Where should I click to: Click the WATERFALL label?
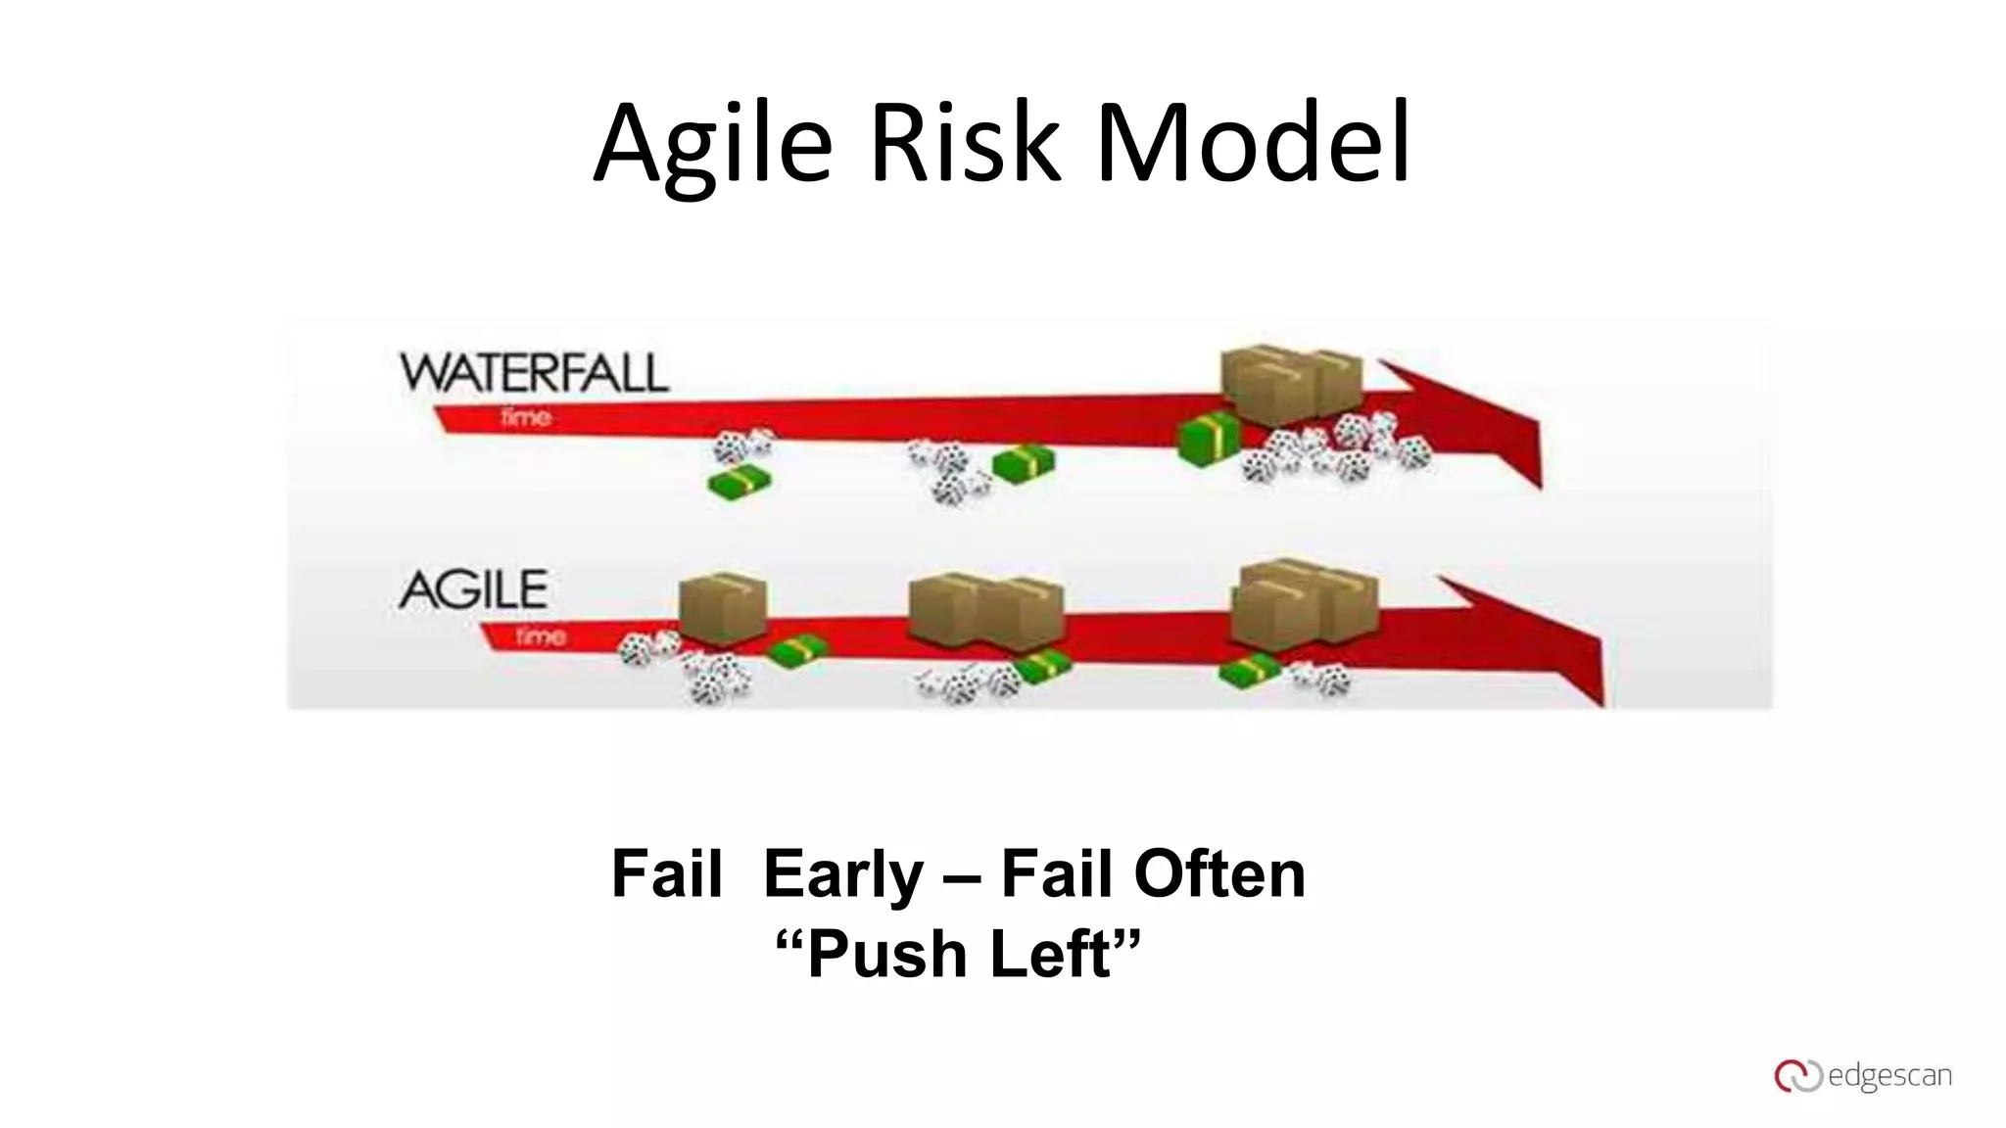534,373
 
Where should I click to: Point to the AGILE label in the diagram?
473,589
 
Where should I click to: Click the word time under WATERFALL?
526,418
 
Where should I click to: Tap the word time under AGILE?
541,636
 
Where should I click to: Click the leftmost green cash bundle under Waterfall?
740,483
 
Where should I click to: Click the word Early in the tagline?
842,873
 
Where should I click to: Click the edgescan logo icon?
1797,1076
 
